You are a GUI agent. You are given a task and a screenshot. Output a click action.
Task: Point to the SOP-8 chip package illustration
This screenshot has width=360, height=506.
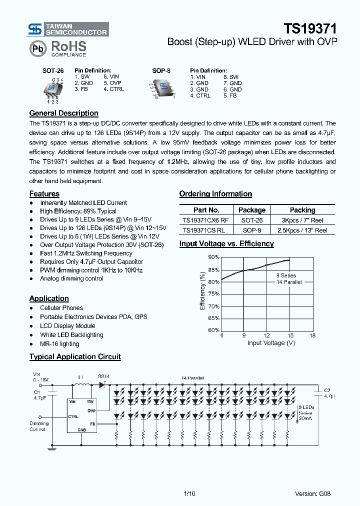[161, 88]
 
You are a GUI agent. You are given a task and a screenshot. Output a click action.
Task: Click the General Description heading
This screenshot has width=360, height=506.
[64, 113]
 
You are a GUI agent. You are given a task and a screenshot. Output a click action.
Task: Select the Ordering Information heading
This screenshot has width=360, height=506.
[215, 194]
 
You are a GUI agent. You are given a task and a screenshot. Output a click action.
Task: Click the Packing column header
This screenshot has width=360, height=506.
[302, 210]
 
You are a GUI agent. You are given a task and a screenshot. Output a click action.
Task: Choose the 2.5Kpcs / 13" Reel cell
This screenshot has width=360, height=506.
[302, 230]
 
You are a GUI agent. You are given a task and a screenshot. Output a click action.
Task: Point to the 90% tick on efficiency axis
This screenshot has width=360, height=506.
[214, 257]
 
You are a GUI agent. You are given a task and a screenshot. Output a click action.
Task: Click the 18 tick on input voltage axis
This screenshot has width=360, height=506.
[312, 335]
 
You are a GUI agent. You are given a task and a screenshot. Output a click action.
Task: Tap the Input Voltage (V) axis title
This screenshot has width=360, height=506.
[271, 343]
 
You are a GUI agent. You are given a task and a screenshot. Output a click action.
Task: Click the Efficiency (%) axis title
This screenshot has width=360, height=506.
[203, 290]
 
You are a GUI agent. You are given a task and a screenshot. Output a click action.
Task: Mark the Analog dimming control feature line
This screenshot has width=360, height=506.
[71, 278]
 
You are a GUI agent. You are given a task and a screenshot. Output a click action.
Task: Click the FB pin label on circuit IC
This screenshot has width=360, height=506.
[92, 423]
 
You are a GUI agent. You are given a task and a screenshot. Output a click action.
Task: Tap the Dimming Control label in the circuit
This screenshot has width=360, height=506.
[38, 426]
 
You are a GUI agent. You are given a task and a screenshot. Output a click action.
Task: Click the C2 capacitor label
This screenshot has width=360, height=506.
[327, 390]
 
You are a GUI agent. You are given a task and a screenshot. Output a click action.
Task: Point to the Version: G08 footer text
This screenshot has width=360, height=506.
[312, 493]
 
